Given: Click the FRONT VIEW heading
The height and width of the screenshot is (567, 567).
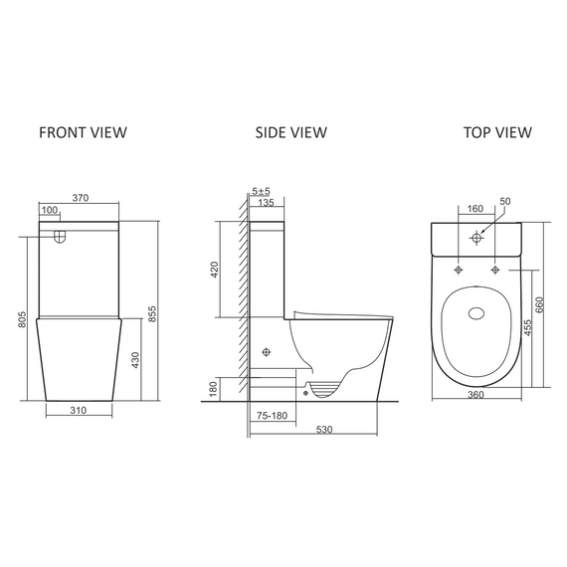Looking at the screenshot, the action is tap(83, 132).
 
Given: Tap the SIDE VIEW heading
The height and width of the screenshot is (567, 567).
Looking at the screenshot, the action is tap(291, 132).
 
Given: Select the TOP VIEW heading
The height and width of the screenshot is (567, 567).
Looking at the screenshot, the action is tap(497, 132).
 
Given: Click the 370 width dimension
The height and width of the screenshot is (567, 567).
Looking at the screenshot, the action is tap(81, 198).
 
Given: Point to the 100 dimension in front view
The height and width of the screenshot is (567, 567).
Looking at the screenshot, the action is tap(50, 210).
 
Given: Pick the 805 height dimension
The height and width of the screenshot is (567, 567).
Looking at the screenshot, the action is tap(23, 319).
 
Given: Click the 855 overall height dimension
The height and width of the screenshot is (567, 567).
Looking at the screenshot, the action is tap(152, 314).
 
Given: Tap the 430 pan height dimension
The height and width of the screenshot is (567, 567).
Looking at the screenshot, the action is tap(135, 360).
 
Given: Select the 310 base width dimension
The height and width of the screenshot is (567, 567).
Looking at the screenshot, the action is tap(79, 411).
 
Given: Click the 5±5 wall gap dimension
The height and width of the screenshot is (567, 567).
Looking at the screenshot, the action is tap(261, 191).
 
